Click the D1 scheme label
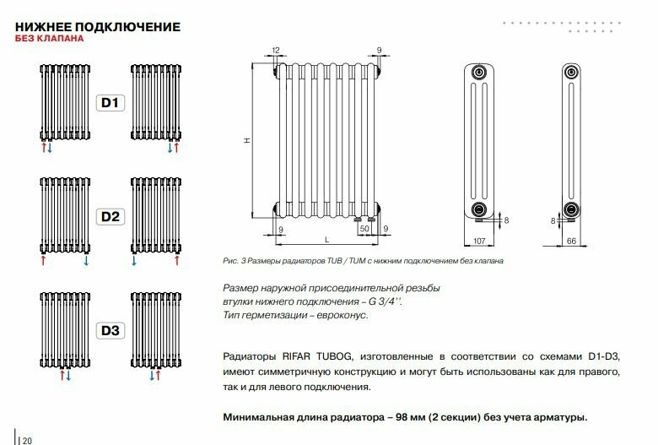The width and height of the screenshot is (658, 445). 111,104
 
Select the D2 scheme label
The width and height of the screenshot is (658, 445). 111,217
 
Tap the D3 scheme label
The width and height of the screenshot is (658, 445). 111,330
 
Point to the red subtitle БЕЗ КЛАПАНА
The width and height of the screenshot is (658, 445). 49,39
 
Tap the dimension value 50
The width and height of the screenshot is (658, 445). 364,229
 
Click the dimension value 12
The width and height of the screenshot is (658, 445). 276,51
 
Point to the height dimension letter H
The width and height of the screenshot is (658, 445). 247,141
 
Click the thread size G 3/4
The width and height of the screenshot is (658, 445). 385,301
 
